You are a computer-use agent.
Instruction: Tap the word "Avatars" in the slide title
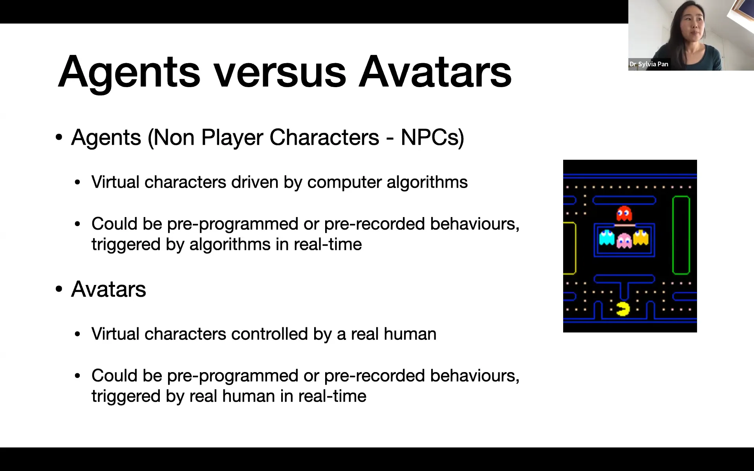pos(435,72)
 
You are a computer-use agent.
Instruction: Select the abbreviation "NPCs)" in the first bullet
pos(432,137)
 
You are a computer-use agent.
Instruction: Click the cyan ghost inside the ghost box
pos(607,237)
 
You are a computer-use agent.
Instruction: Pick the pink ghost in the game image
pos(624,241)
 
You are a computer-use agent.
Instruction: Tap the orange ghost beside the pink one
pos(641,237)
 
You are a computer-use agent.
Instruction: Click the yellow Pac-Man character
pos(623,309)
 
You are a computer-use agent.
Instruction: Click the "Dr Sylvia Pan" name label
pos(649,64)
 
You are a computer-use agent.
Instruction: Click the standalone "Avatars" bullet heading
pos(108,289)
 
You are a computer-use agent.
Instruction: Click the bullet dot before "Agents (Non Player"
pos(59,137)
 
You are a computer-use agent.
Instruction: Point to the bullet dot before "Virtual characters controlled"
pos(77,334)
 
